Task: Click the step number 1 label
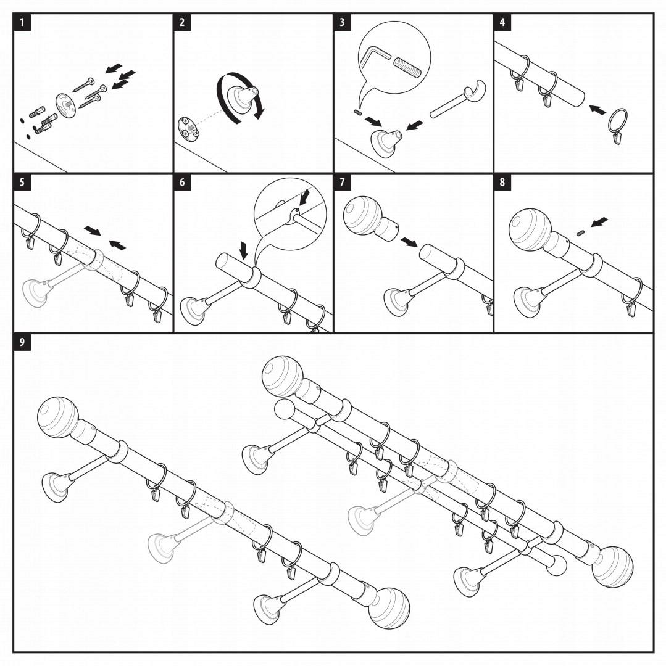(x=22, y=22)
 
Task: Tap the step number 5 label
(x=22, y=183)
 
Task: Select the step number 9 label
(x=22, y=343)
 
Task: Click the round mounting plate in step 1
(x=65, y=103)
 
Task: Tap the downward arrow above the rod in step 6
(x=244, y=250)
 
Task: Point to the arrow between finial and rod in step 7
(x=407, y=241)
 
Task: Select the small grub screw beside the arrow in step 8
(x=580, y=232)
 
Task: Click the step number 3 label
(x=343, y=22)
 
